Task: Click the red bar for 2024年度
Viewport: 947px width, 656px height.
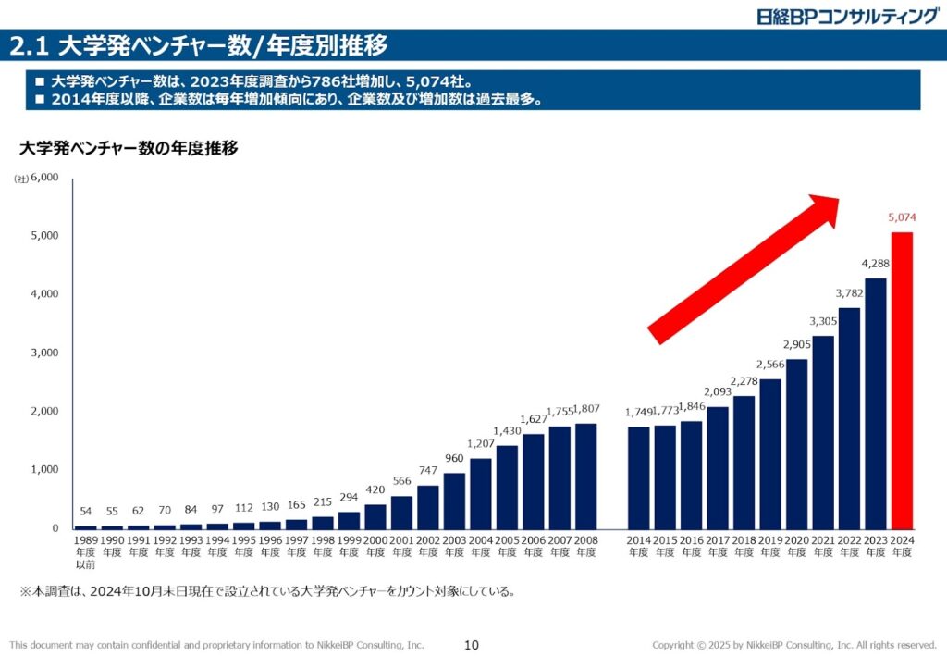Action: click(x=902, y=379)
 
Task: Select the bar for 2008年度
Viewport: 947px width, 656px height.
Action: click(x=585, y=476)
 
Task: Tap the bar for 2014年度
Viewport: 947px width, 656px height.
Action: click(x=639, y=477)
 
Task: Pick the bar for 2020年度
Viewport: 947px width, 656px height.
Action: click(x=796, y=443)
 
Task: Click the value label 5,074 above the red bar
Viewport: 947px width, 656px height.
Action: click(x=902, y=218)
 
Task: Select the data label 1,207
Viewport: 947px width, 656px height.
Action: click(x=481, y=443)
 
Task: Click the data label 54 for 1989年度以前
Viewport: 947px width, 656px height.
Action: click(x=85, y=512)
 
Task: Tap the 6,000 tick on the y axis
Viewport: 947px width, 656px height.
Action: click(x=44, y=177)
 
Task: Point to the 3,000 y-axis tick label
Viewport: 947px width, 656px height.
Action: click(x=44, y=353)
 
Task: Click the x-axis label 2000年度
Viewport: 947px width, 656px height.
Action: click(x=375, y=545)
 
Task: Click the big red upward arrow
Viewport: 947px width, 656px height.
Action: click(x=744, y=268)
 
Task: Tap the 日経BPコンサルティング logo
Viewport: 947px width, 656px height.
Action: click(x=847, y=16)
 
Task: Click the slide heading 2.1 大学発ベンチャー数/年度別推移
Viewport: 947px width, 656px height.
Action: click(x=198, y=44)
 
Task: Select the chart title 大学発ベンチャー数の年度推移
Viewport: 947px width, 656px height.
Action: click(x=129, y=147)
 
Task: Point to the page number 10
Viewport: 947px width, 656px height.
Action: click(x=472, y=645)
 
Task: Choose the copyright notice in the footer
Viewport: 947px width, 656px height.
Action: click(x=794, y=645)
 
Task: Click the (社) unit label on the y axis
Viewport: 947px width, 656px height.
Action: click(x=20, y=179)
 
